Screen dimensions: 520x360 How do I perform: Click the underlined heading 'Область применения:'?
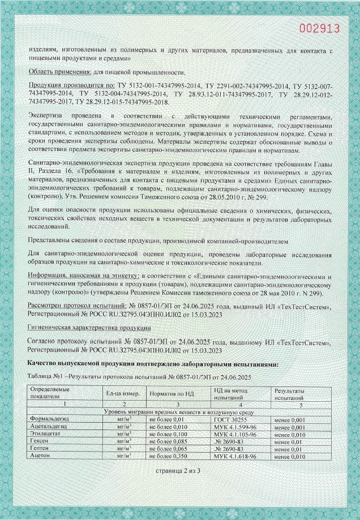pyautogui.click(x=60, y=72)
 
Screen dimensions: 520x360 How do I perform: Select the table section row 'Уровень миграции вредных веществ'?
pyautogui.click(x=179, y=412)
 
